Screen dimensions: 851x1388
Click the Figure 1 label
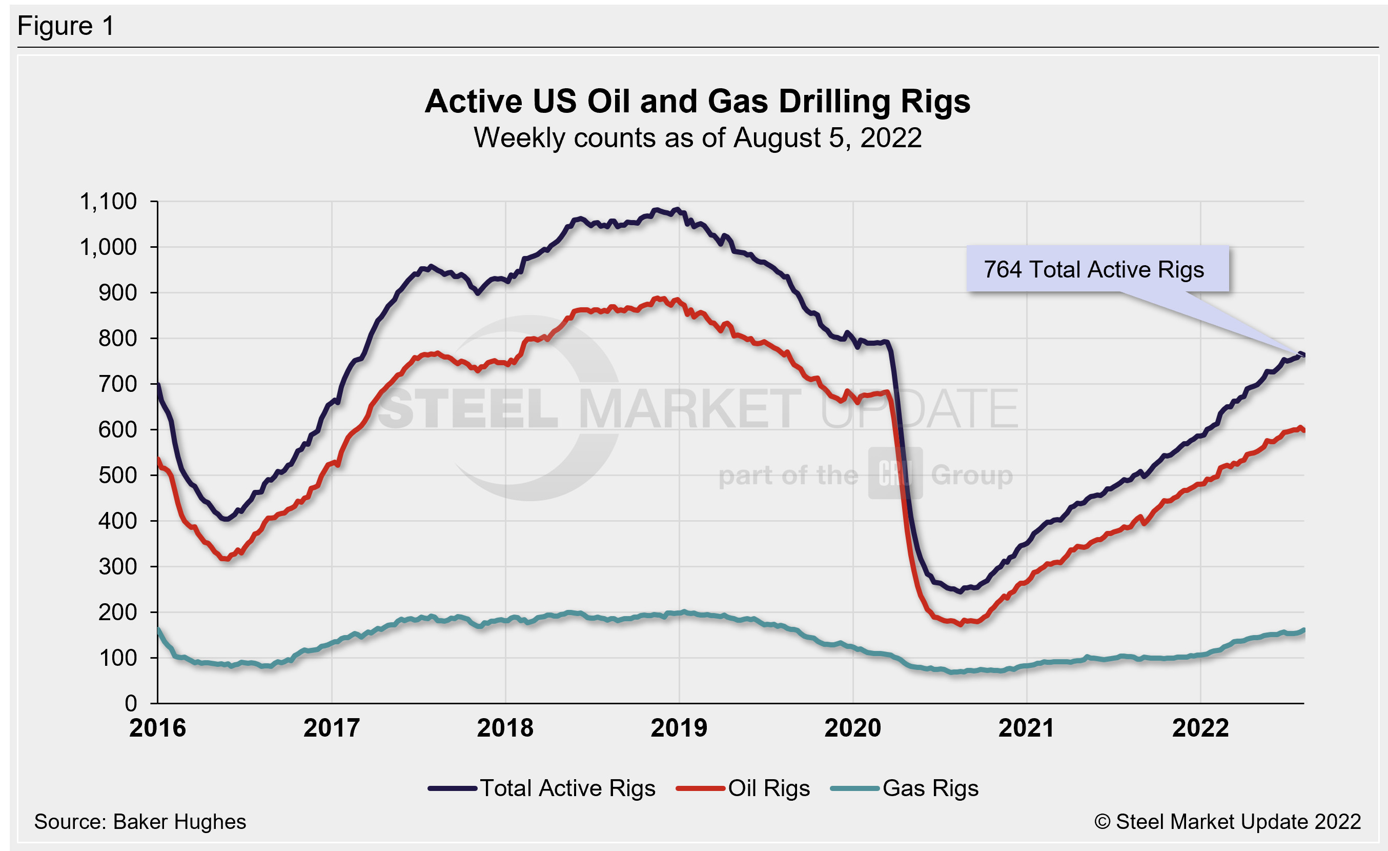point(66,26)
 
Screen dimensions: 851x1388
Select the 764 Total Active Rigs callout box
point(1097,269)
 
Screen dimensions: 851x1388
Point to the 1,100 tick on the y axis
point(109,202)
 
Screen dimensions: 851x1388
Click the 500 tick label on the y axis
point(117,475)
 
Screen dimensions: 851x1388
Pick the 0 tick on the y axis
point(131,703)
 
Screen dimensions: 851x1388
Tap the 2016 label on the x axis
point(158,728)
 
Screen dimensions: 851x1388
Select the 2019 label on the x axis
point(679,728)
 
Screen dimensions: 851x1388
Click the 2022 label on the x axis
point(1200,728)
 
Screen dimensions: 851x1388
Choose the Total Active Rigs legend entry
point(541,788)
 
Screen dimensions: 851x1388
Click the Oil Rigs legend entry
point(744,788)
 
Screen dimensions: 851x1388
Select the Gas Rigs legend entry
point(905,788)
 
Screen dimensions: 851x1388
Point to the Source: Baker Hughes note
point(140,822)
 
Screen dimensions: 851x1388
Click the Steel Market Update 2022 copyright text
point(1228,822)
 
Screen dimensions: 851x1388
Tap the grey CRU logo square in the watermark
point(895,473)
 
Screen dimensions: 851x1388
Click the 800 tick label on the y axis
point(117,338)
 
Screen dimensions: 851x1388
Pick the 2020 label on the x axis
point(853,728)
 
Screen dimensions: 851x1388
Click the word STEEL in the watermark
point(467,409)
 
